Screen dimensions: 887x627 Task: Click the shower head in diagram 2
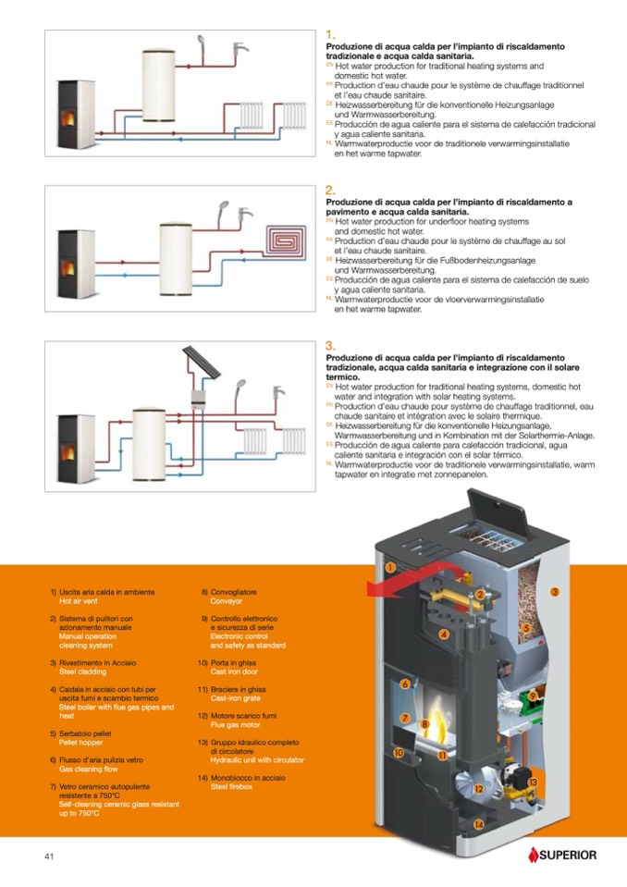pos(223,212)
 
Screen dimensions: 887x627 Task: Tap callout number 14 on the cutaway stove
pos(478,823)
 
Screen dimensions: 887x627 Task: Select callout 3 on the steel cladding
pos(554,592)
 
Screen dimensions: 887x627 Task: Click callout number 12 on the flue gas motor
pos(478,789)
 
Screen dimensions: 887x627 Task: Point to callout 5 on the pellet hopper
pos(524,628)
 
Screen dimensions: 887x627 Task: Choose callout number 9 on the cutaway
pos(533,696)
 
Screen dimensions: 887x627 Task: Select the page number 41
pos(50,856)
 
